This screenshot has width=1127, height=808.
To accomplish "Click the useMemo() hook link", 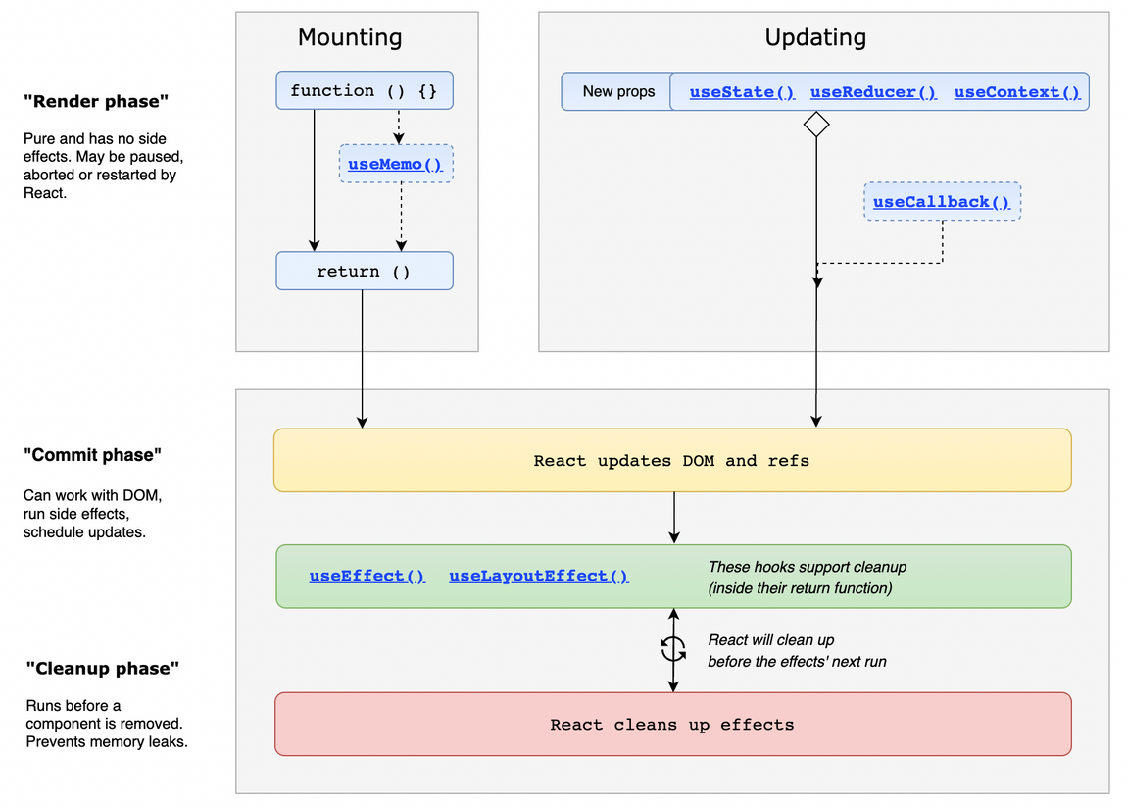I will coord(395,164).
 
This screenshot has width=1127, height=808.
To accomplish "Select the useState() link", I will coord(742,92).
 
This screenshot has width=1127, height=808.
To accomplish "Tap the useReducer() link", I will coord(873,92).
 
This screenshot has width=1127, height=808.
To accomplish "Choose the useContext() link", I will coord(1016,92).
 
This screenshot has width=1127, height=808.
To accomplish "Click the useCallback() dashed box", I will coord(942,202).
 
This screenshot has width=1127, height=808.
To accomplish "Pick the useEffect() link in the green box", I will coord(367,576).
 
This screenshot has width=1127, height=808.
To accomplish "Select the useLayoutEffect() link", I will coord(538,576).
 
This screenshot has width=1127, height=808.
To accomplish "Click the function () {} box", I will coord(364,90).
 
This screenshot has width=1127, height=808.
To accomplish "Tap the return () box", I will coord(364,272).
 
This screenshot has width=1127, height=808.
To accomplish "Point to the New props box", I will coord(617,91).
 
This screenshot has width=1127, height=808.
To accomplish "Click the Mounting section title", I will coord(350,37).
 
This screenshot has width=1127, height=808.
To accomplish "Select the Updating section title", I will coord(815,37).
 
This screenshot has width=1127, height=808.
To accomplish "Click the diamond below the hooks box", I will coord(816,125).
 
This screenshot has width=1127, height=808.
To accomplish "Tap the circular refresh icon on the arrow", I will coord(673,647).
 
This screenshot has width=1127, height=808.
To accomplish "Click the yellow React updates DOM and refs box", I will coord(671,460).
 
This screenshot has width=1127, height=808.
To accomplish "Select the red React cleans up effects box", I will coord(671,725).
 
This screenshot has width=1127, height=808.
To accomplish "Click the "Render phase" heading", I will coord(96,101).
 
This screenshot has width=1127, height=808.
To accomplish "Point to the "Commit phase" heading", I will coord(92,455).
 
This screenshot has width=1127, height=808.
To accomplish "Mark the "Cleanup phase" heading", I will coord(102,669).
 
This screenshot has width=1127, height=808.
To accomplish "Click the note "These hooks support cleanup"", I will coord(807,567).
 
